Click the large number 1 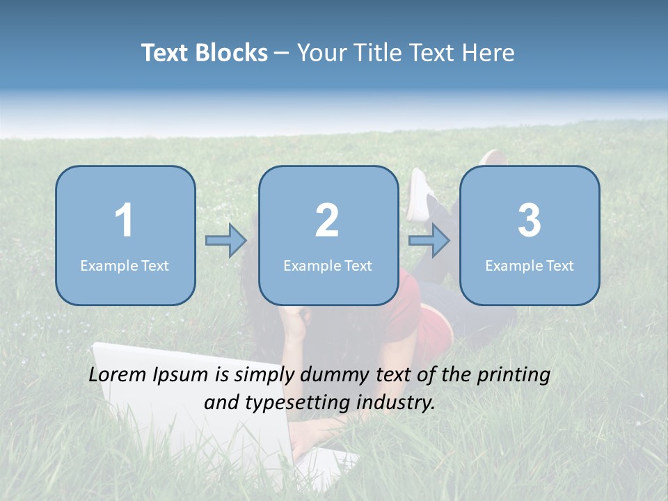point(125,221)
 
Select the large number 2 point(327,221)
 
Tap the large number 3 point(530,221)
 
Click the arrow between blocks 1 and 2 point(226,241)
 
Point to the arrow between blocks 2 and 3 point(429,241)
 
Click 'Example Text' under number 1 point(125,265)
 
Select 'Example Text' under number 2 point(328,265)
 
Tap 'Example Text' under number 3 point(530,265)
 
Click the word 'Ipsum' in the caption point(182,375)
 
